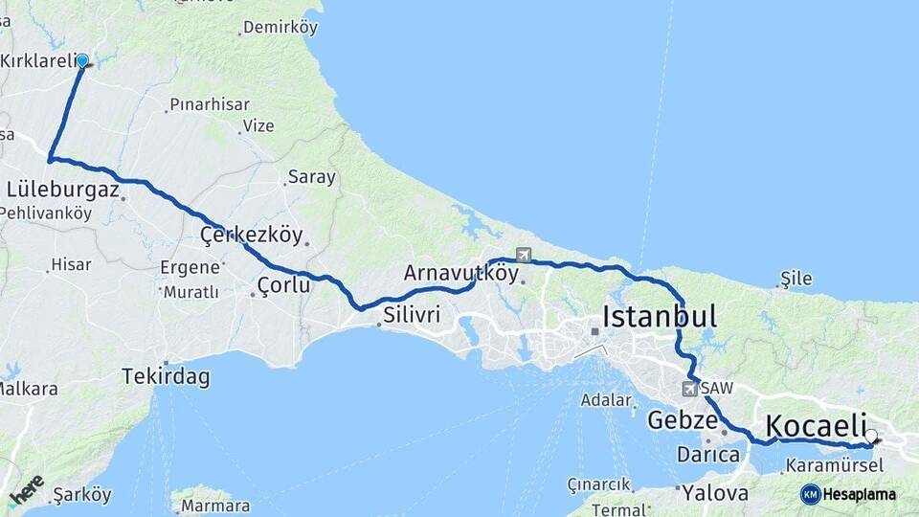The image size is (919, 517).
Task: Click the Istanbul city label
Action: (660, 316)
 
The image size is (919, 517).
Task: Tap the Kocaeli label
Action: (816, 425)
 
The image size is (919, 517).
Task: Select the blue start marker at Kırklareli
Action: (82, 61)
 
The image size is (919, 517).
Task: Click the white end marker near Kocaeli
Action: (870, 437)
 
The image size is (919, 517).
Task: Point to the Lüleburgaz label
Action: (63, 190)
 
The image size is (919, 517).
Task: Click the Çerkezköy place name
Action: (251, 235)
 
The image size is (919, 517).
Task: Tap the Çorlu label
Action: (283, 284)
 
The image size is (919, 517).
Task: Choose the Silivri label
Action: (412, 315)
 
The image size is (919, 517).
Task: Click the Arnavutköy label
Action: (460, 273)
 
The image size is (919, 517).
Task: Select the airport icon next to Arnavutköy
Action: (523, 255)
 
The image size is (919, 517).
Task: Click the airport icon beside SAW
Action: (690, 389)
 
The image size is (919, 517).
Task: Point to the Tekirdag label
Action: (166, 376)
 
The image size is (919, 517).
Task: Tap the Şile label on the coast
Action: (796, 279)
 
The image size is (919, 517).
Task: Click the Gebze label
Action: (683, 420)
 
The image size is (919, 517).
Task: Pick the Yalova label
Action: (715, 493)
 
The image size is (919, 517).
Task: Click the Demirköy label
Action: (280, 28)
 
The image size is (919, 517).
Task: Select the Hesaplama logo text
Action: (859, 494)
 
